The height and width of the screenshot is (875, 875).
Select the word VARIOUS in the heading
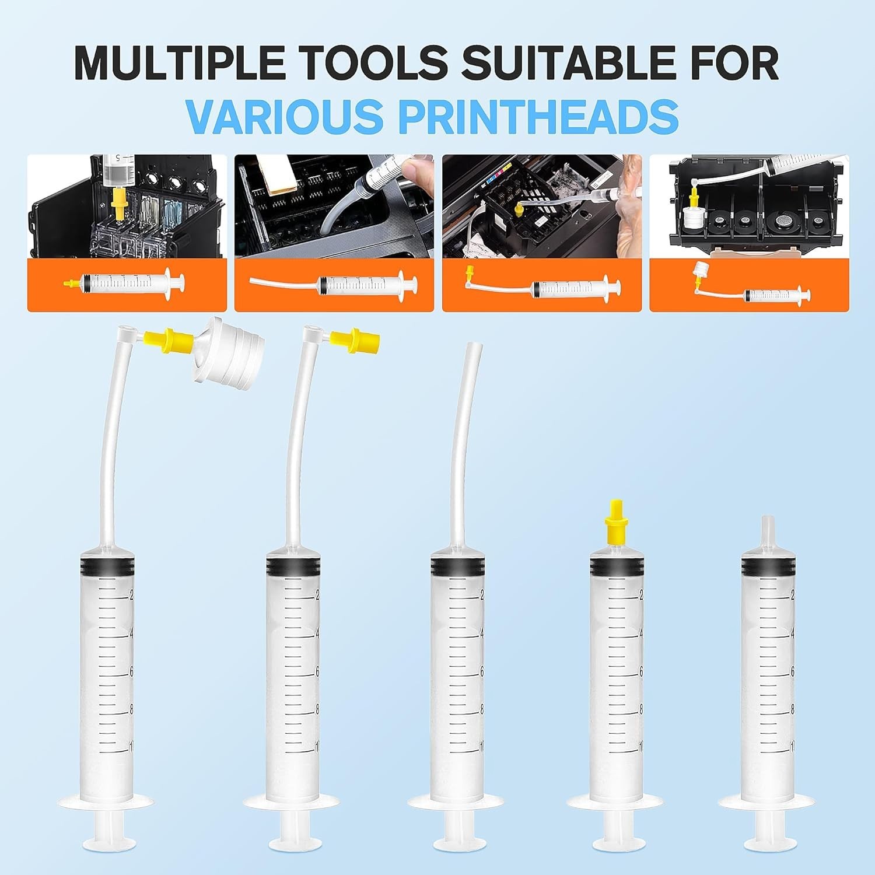(285, 116)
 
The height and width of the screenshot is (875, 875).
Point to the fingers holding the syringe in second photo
(419, 169)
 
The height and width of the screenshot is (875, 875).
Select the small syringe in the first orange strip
(125, 283)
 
